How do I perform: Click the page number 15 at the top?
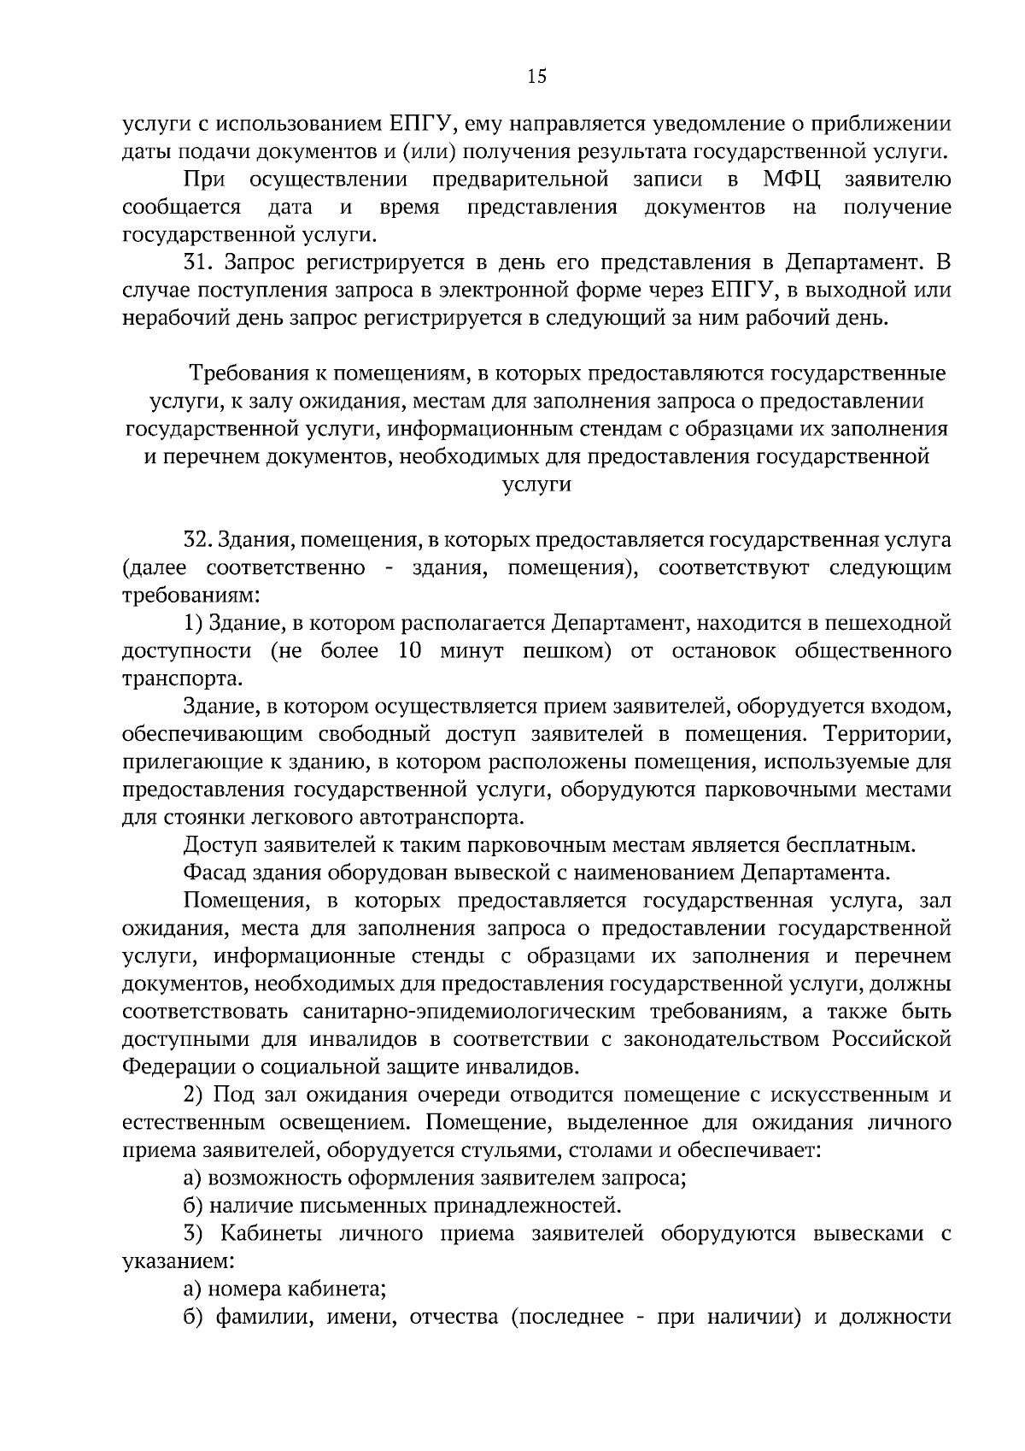coord(536,77)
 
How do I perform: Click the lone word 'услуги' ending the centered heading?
coord(536,485)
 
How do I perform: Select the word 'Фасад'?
coord(213,873)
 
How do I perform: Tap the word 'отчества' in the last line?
coord(449,1318)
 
